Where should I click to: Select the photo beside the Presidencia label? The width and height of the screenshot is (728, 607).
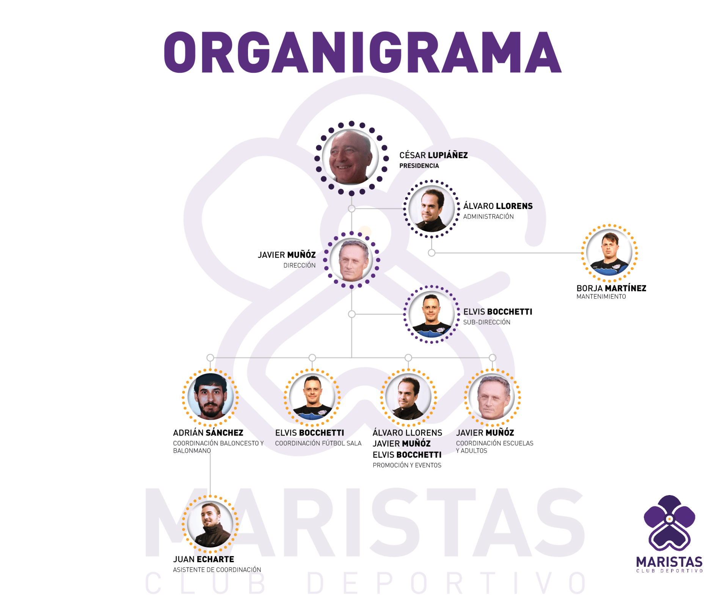[x=351, y=157]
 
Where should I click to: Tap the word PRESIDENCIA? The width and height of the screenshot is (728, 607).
[x=419, y=166]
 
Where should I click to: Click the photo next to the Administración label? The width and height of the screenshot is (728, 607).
[x=431, y=209]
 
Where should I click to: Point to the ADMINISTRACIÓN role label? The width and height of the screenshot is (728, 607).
[x=488, y=217]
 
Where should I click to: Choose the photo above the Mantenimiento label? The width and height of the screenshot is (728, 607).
[x=609, y=253]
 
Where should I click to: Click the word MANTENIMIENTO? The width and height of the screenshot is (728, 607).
[x=601, y=297]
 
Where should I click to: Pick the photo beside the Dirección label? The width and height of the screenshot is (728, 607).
[x=351, y=260]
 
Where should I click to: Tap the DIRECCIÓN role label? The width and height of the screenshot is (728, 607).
[x=300, y=266]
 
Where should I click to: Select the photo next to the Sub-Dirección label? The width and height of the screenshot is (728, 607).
[x=431, y=315]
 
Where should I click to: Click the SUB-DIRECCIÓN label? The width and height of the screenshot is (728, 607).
[x=487, y=322]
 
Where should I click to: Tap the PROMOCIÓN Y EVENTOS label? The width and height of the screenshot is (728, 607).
[x=407, y=465]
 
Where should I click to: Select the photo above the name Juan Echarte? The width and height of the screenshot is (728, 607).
[x=210, y=524]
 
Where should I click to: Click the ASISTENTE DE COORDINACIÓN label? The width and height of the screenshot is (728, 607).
[x=217, y=570]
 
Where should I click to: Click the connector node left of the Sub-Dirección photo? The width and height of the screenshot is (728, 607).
[x=352, y=314]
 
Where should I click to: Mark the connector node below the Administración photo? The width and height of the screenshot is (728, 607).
[x=431, y=253]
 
